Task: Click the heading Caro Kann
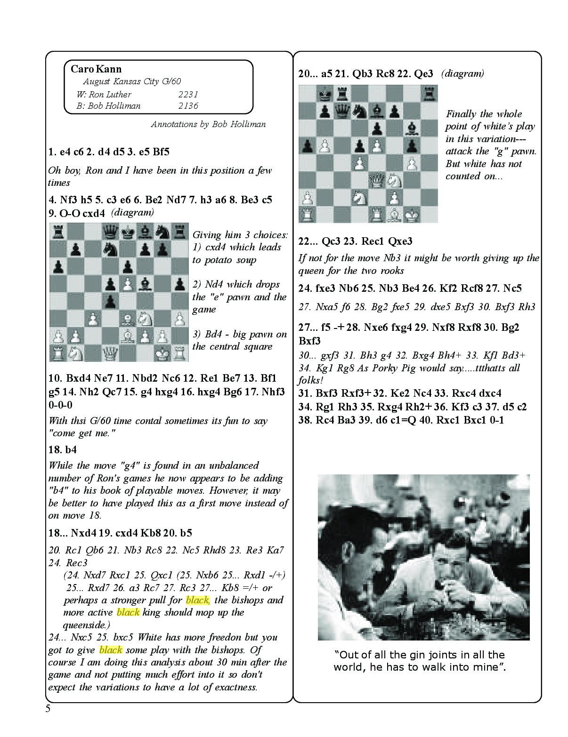(x=96, y=69)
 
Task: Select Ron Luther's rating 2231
(x=188, y=94)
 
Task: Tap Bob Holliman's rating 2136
(x=188, y=105)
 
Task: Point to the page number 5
(x=48, y=709)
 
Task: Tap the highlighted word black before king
(x=128, y=612)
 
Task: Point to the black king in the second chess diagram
(x=324, y=94)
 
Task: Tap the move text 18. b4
(x=63, y=449)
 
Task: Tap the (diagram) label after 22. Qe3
(x=463, y=73)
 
